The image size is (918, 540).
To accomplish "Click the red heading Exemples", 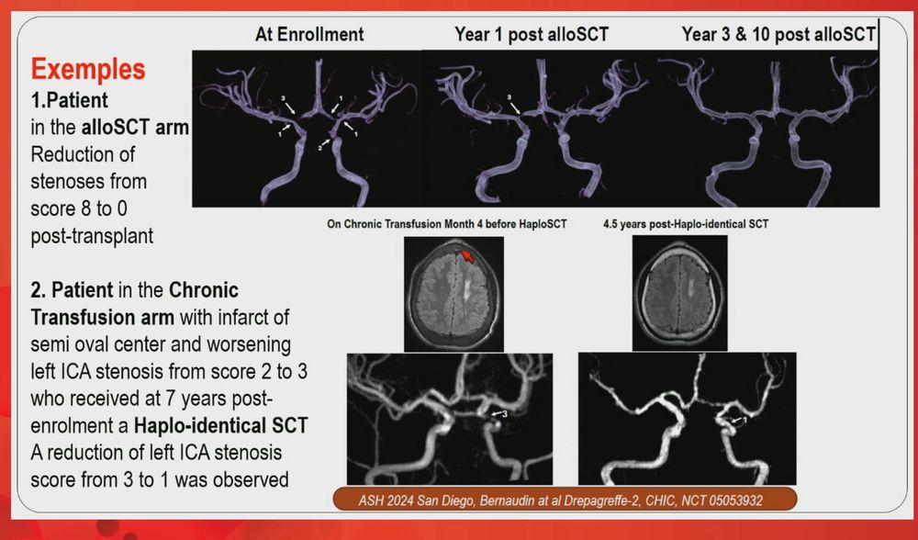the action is (x=88, y=69).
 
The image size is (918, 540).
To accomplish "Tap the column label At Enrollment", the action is (x=309, y=34).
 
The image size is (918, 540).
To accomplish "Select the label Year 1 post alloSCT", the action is (x=532, y=34).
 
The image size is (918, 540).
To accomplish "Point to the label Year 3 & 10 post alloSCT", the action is (x=778, y=34).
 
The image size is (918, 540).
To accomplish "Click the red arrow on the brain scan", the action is (x=467, y=255).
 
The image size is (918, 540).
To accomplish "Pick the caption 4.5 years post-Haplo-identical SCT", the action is (x=686, y=224).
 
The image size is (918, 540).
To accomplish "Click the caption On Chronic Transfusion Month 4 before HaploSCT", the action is (x=447, y=224).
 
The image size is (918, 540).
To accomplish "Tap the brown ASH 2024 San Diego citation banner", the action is (x=565, y=500).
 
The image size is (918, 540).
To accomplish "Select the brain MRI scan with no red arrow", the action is (x=679, y=293).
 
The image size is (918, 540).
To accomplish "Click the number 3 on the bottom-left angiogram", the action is (x=505, y=413).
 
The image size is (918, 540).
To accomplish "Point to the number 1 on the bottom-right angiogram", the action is (x=744, y=420).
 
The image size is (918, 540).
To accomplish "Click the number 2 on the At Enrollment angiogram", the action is (x=320, y=148).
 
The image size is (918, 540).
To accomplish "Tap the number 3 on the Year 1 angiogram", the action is (x=509, y=97).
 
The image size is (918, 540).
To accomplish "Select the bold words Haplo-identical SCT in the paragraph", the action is (x=221, y=425).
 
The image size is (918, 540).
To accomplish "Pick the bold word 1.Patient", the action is (x=69, y=100).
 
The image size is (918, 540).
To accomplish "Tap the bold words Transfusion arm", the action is (x=103, y=317).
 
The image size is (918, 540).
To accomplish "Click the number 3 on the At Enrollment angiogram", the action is (x=284, y=97).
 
